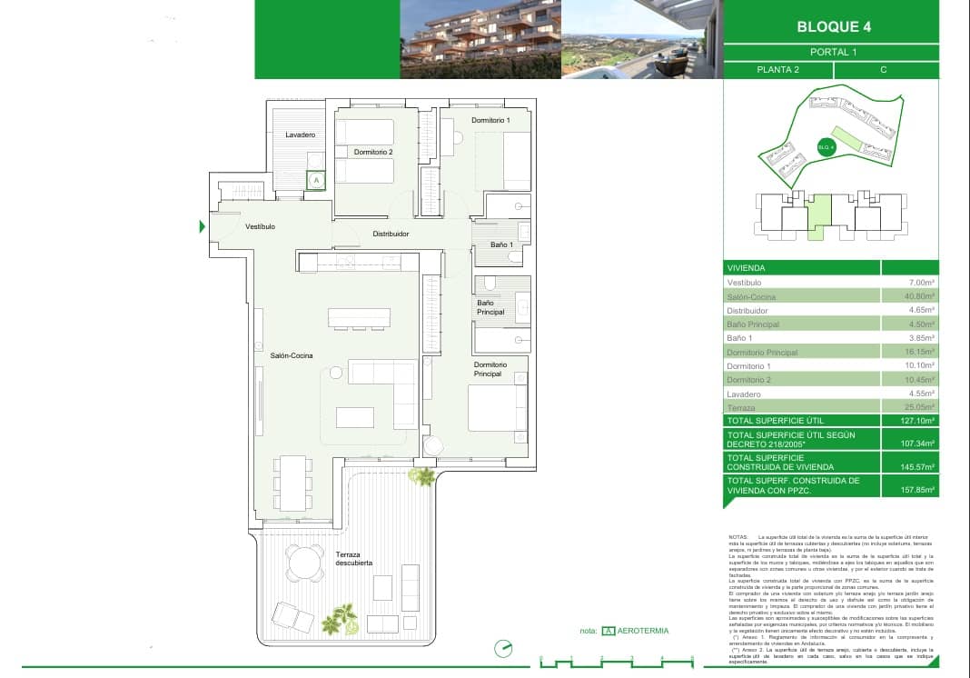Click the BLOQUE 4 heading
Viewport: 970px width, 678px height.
pyautogui.click(x=833, y=26)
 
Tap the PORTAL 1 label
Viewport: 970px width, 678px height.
pyautogui.click(x=833, y=52)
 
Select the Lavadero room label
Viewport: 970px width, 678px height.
pyautogui.click(x=300, y=135)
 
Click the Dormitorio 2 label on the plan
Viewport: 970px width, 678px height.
pyautogui.click(x=373, y=152)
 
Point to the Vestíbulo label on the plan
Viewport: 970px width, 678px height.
pyautogui.click(x=260, y=226)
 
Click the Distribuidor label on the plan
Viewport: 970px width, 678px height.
pyautogui.click(x=391, y=234)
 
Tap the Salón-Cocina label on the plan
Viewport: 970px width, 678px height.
pyautogui.click(x=291, y=355)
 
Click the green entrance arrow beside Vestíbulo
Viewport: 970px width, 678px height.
pyautogui.click(x=203, y=226)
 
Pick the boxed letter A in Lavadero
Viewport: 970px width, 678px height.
pyautogui.click(x=315, y=181)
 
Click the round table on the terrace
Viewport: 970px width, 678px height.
pyautogui.click(x=304, y=562)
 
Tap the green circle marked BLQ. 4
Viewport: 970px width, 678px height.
pyautogui.click(x=826, y=147)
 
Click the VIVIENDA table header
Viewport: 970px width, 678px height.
pyautogui.click(x=746, y=268)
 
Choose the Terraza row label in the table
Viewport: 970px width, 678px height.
pyautogui.click(x=741, y=408)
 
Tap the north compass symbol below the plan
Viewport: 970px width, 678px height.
pyautogui.click(x=502, y=649)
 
